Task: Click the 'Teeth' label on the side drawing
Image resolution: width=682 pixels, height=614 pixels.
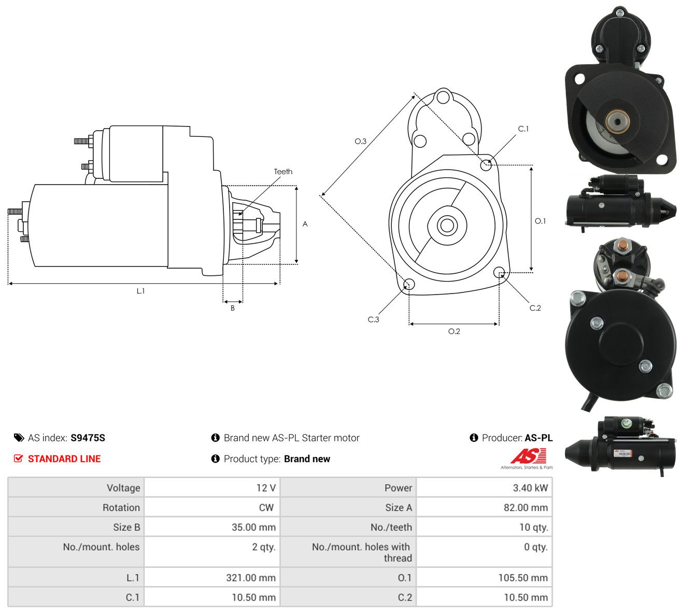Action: pyautogui.click(x=283, y=172)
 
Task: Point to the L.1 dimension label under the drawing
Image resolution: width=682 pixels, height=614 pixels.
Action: pyautogui.click(x=140, y=291)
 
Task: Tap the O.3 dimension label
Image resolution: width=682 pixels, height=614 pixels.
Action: pyautogui.click(x=360, y=141)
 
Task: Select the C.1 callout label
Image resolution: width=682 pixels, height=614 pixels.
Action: pyautogui.click(x=523, y=129)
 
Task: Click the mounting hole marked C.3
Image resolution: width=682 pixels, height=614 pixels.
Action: pyautogui.click(x=409, y=284)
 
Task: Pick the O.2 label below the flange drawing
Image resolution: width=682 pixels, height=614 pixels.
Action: pyautogui.click(x=454, y=331)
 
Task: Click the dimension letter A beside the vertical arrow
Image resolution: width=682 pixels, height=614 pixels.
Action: pyautogui.click(x=305, y=224)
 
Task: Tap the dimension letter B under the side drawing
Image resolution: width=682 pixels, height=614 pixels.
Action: pyautogui.click(x=233, y=308)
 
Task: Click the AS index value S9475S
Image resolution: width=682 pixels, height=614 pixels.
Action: pyautogui.click(x=88, y=438)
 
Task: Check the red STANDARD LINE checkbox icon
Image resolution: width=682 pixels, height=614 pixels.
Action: pyautogui.click(x=18, y=458)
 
